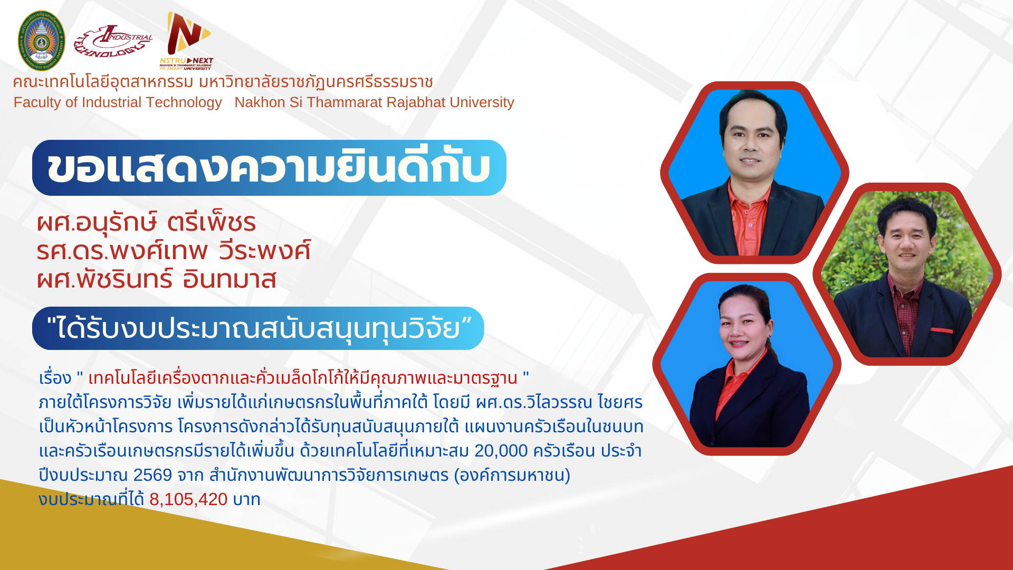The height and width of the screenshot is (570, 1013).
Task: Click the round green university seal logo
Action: click(41, 41)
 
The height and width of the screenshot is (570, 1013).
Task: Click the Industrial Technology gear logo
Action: click(113, 41)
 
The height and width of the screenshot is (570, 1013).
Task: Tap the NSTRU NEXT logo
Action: click(186, 41)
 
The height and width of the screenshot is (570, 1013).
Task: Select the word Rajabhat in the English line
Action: click(418, 102)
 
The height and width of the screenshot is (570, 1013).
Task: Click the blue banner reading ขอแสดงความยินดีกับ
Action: click(269, 168)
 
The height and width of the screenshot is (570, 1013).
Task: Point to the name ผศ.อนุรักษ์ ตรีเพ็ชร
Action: click(146, 223)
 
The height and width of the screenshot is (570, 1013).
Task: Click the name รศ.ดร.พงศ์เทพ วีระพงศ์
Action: click(174, 251)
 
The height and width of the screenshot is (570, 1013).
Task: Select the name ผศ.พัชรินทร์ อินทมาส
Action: click(156, 279)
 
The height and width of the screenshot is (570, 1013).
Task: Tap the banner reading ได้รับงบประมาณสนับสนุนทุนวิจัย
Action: click(258, 328)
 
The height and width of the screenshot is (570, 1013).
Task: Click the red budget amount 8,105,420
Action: click(188, 499)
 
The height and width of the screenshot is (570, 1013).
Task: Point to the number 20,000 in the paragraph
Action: click(501, 451)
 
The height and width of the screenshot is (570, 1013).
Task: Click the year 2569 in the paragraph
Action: click(152, 475)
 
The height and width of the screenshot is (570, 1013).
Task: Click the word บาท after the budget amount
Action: click(246, 499)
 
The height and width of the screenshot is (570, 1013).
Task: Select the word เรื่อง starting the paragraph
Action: click(55, 378)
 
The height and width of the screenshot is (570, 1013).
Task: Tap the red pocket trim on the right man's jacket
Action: click(942, 331)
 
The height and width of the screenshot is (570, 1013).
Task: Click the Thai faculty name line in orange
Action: click(223, 82)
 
